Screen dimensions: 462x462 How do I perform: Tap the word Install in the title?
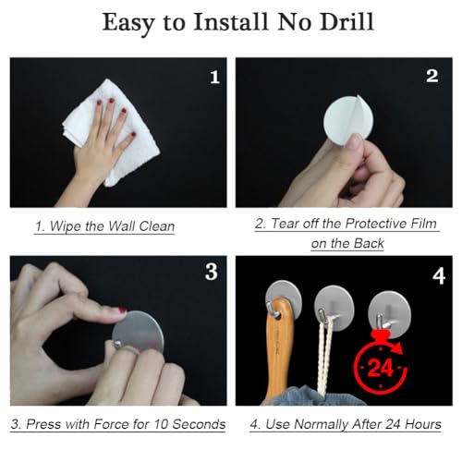click(x=231, y=22)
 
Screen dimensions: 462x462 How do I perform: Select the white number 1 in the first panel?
click(x=214, y=77)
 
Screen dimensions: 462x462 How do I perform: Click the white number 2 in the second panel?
click(x=432, y=76)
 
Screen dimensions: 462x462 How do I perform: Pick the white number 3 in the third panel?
click(x=212, y=272)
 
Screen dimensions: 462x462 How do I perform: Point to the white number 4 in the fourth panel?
click(x=439, y=276)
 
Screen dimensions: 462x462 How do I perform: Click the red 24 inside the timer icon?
click(x=381, y=369)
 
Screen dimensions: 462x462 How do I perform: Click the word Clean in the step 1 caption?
click(x=157, y=226)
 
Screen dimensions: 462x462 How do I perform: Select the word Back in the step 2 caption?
click(x=369, y=243)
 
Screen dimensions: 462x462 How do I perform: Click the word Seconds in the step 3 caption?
click(x=199, y=424)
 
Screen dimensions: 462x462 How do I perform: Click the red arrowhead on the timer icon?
click(x=399, y=348)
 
